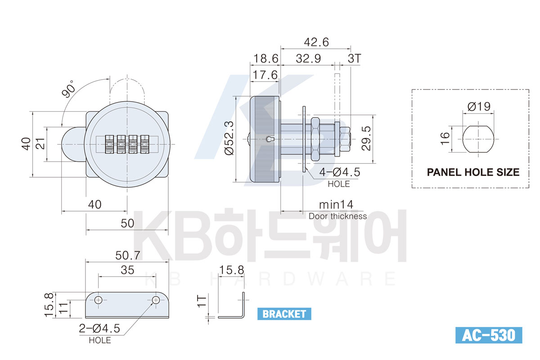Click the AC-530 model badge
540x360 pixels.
coord(489,335)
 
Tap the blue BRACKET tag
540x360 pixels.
coord(284,314)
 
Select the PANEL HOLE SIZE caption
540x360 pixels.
coord(473,172)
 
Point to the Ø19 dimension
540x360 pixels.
coord(479,106)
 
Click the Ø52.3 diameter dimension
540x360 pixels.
coord(229,138)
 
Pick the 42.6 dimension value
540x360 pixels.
coord(316,42)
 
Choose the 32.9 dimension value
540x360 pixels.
coord(308,58)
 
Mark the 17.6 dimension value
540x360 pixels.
coord(265,75)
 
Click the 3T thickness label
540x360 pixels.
coord(354,58)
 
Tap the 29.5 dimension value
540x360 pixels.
coord(366,139)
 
